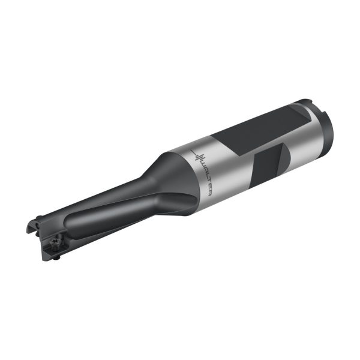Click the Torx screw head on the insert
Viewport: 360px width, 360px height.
(x=55, y=242)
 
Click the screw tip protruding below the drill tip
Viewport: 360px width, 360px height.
(x=56, y=259)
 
